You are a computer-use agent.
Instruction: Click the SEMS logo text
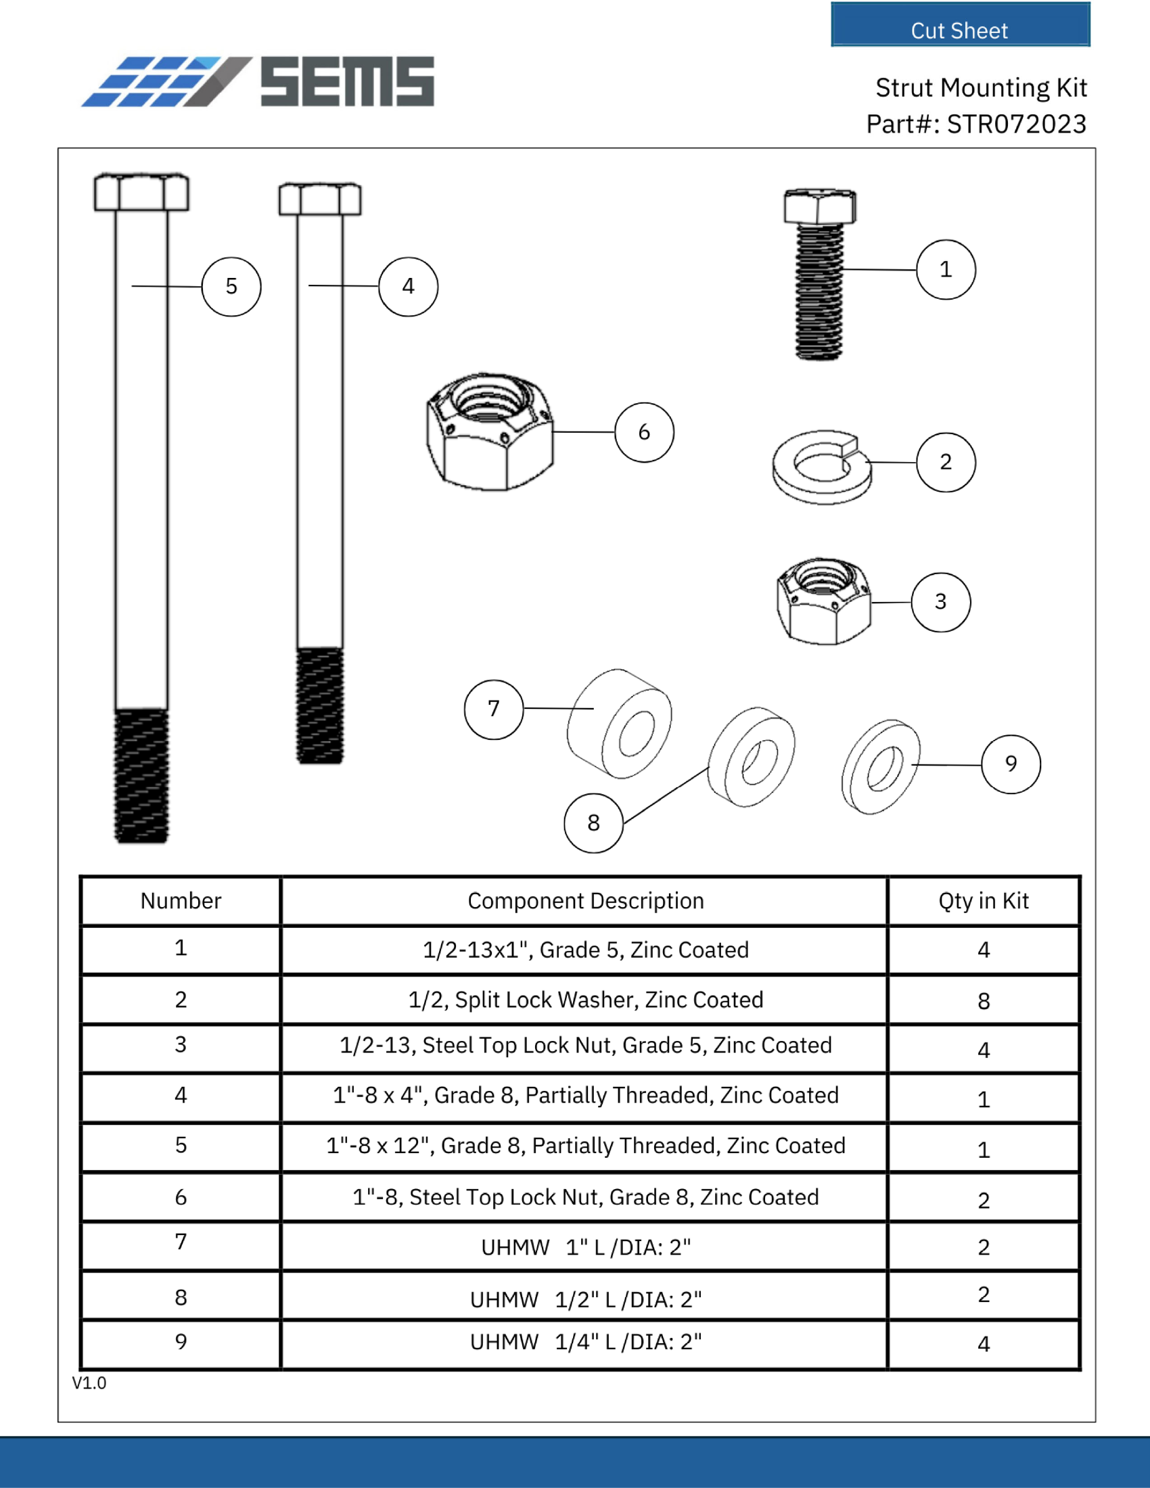[x=347, y=82]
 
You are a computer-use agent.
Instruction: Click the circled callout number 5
[x=231, y=286]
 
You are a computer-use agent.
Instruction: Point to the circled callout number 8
[x=593, y=822]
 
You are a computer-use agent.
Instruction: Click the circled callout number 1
[x=946, y=269]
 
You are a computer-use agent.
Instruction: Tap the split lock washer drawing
[x=822, y=467]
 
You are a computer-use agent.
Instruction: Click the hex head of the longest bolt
[x=141, y=192]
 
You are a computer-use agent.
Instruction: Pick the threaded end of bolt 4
[x=319, y=705]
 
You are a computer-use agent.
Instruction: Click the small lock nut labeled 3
[x=823, y=601]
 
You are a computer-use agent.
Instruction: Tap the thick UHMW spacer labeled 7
[x=618, y=724]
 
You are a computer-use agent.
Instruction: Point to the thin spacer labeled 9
[x=880, y=766]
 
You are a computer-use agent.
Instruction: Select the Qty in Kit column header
[x=983, y=901]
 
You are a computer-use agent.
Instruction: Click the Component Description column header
[x=585, y=901]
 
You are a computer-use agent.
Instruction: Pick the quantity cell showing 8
[x=983, y=1001]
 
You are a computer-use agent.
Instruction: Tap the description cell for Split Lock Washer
[x=585, y=1000]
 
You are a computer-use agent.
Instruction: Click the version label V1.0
[x=89, y=1383]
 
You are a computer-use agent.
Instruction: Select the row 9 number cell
[x=181, y=1341]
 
